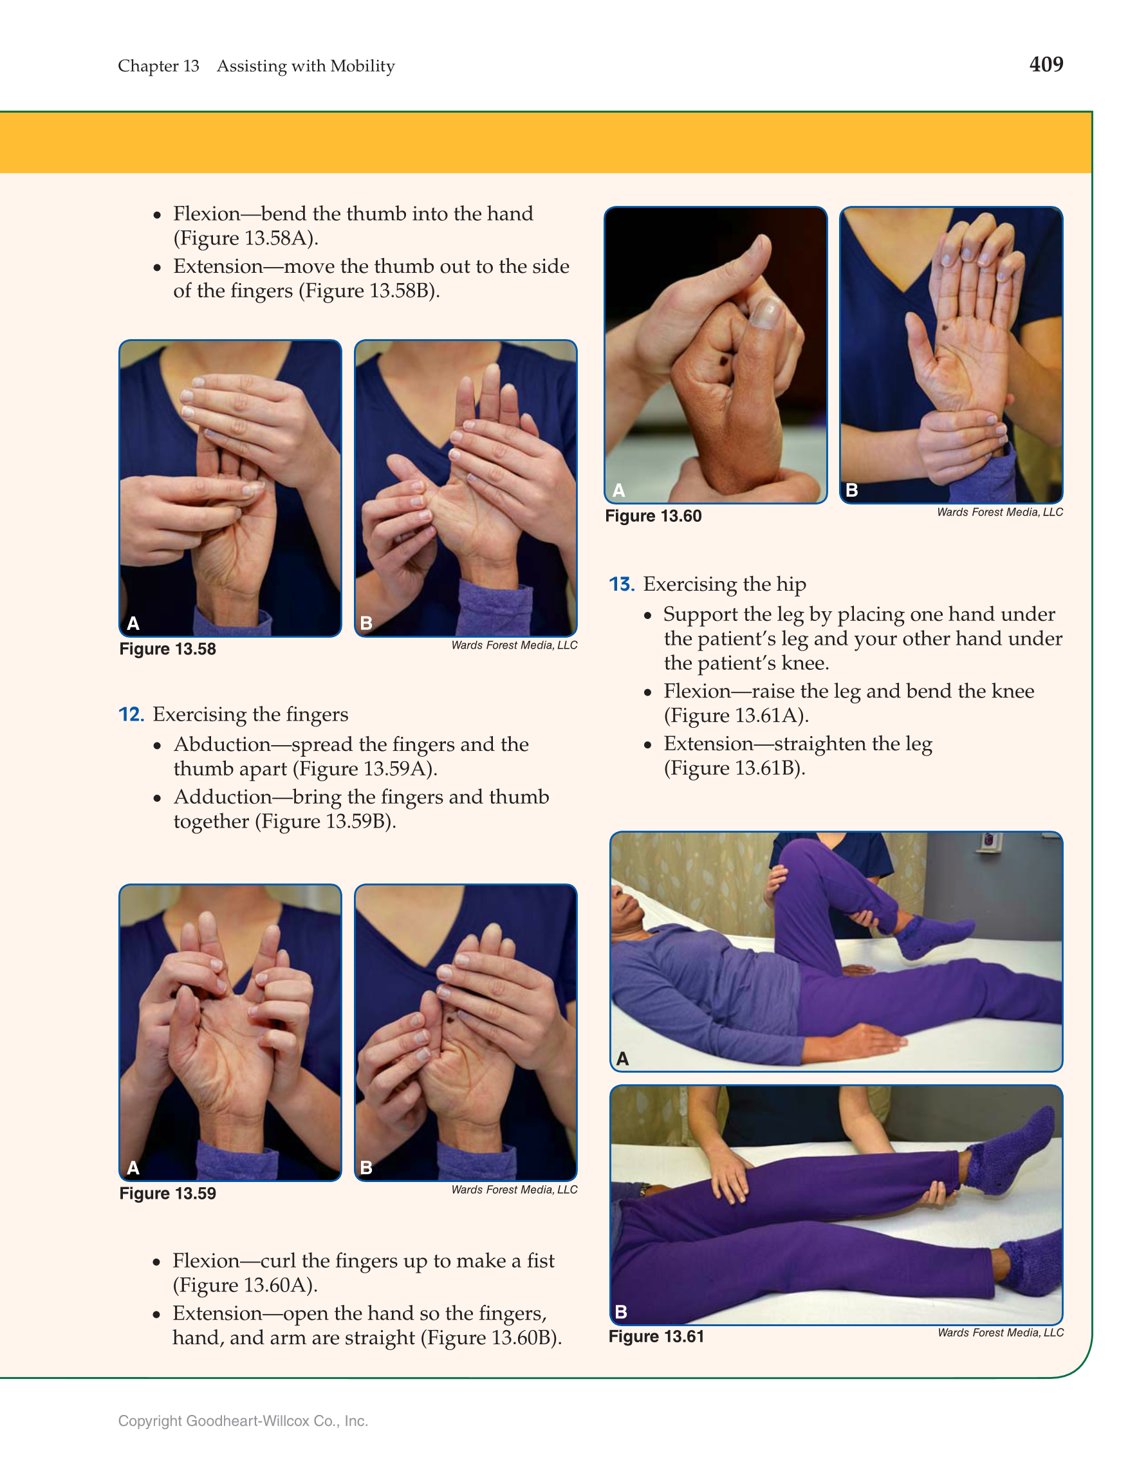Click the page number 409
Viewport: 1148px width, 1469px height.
[1046, 64]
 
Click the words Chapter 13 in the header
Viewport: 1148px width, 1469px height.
[159, 66]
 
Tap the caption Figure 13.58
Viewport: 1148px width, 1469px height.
[167, 649]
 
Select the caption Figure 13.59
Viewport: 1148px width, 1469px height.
[167, 1193]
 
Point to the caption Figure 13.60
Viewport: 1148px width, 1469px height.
[653, 516]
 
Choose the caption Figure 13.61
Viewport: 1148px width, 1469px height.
[656, 1336]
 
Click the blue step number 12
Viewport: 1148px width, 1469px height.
[131, 714]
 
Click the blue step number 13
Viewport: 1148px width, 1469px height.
[622, 584]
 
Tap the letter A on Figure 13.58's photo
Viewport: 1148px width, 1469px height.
[133, 624]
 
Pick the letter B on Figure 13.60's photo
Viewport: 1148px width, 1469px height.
[851, 490]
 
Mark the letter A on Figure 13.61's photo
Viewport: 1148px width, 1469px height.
[623, 1058]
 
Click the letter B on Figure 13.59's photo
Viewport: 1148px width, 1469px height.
[366, 1168]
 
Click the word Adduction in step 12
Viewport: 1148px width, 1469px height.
[223, 797]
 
